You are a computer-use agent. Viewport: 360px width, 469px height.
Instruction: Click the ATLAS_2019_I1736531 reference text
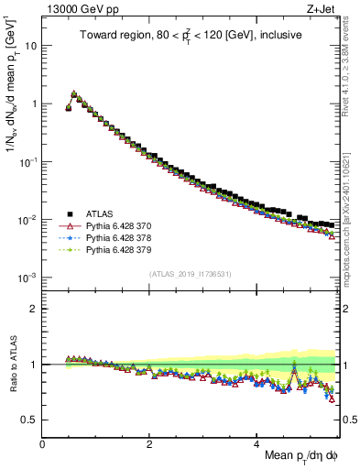(x=191, y=274)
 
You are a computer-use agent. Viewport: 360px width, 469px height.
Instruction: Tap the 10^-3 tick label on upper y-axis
(x=27, y=278)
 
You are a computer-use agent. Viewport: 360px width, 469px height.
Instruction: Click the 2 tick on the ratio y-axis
(x=33, y=309)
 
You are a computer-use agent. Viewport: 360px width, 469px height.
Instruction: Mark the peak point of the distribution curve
(x=73, y=93)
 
